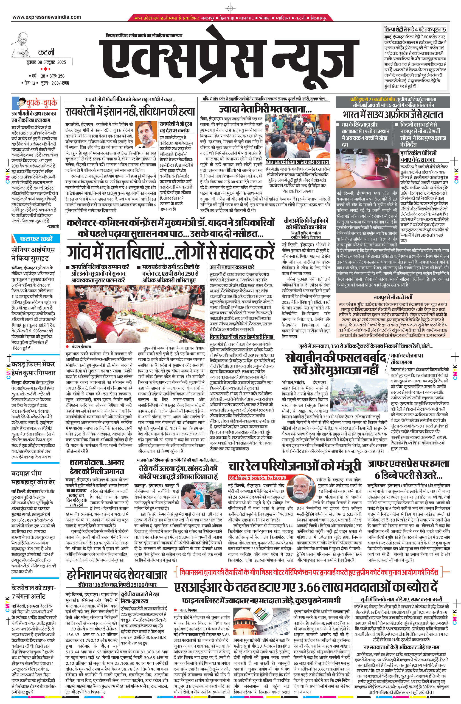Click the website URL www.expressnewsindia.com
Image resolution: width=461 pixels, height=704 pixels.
coord(47,17)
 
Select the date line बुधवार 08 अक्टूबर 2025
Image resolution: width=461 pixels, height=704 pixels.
coord(46,62)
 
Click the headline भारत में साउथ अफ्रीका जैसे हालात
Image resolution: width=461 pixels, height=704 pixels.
coord(393,114)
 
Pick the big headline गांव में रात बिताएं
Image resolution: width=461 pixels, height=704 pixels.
coord(170,252)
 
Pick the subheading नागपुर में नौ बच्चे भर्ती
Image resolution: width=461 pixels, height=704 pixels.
coord(393,297)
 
